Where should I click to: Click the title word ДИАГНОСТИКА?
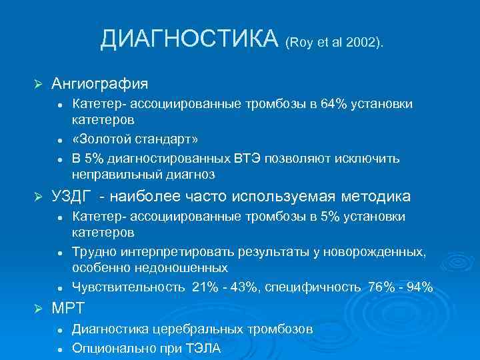(x=189, y=39)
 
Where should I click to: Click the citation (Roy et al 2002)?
(x=334, y=43)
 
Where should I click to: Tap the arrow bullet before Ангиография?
(x=38, y=85)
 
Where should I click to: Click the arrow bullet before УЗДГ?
(x=38, y=197)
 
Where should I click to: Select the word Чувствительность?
(x=128, y=287)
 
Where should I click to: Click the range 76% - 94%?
(x=401, y=287)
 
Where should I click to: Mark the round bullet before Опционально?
(x=59, y=349)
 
